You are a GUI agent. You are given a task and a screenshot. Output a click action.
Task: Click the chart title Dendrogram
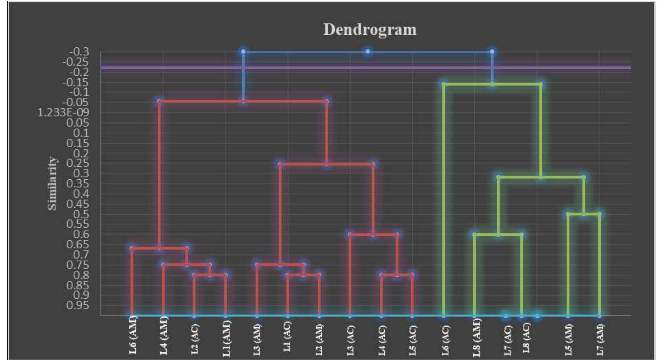370,30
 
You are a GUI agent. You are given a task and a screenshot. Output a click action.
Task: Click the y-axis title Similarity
52,183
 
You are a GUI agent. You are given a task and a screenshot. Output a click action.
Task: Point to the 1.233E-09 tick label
63,113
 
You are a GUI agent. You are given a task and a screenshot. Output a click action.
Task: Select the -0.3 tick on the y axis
80,52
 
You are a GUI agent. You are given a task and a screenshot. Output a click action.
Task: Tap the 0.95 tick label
78,305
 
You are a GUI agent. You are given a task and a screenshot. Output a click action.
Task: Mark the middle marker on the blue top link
367,52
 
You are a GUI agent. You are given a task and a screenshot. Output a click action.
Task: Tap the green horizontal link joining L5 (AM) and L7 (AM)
584,214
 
